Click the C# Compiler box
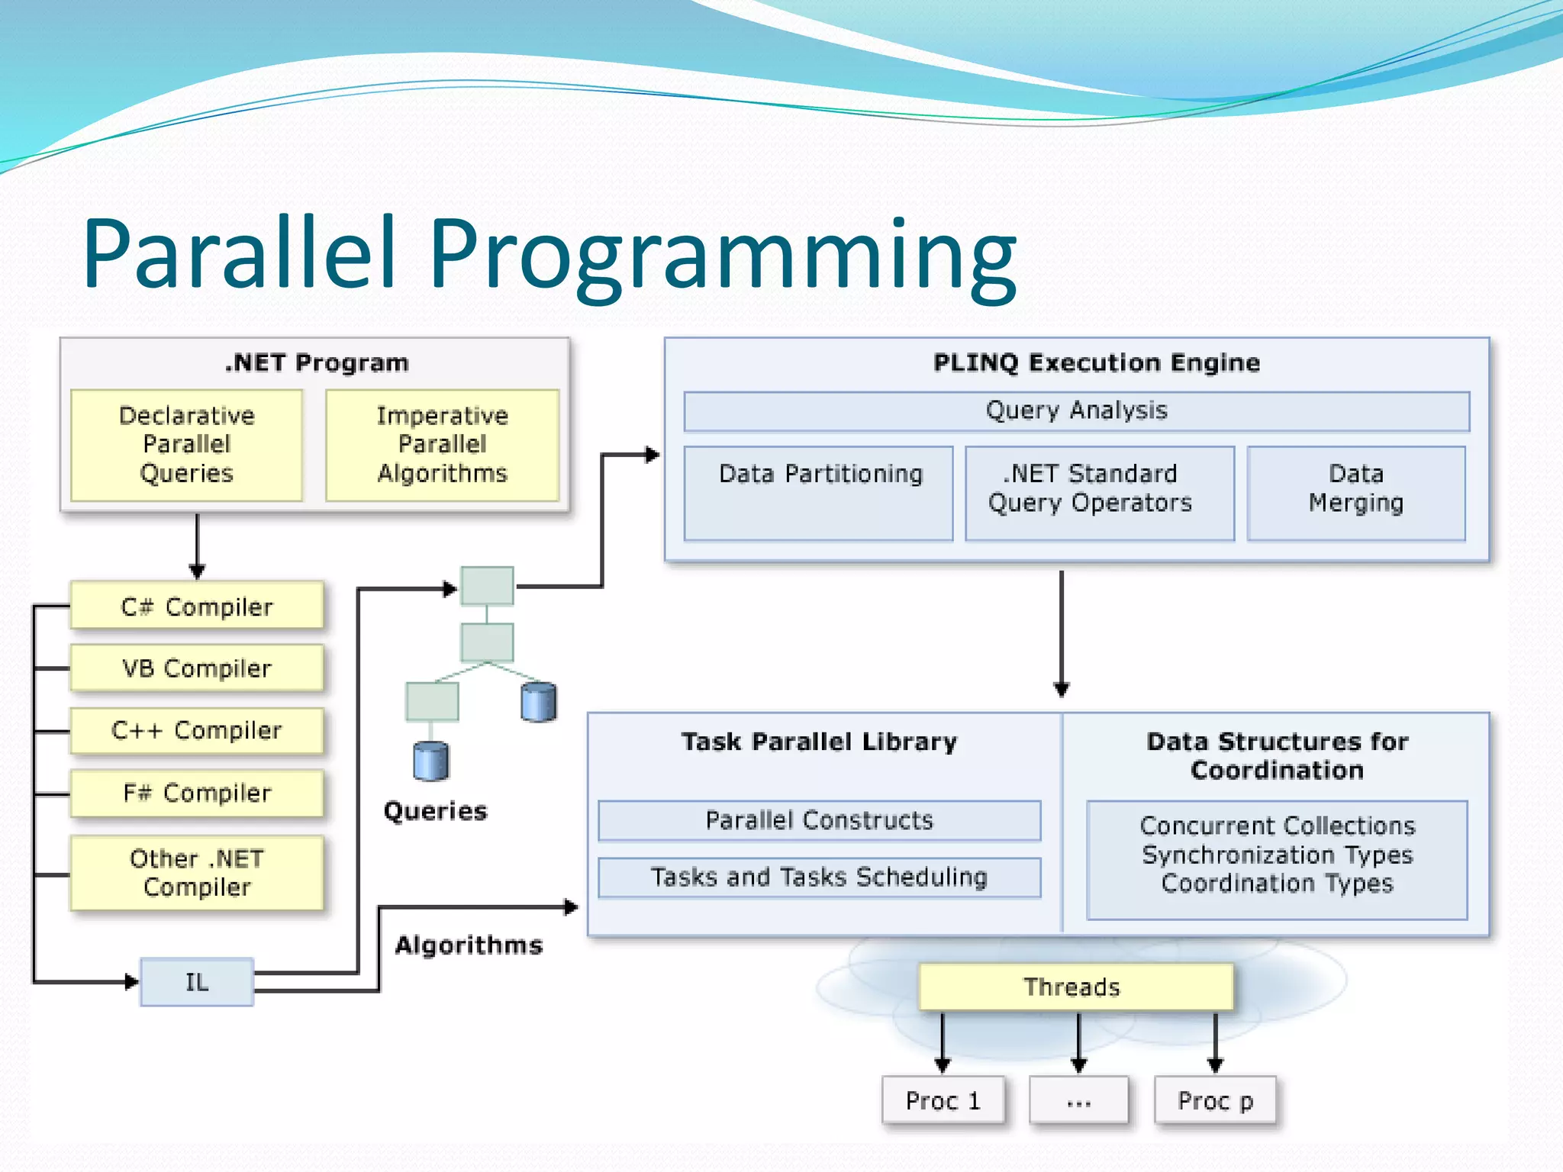click(x=197, y=606)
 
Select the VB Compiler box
click(x=197, y=668)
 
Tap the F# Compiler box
click(x=197, y=793)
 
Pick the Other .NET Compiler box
click(x=197, y=873)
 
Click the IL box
click(x=197, y=982)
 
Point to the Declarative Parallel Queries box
click(x=187, y=445)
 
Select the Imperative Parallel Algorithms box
click(x=443, y=445)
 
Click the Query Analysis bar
click(x=1076, y=411)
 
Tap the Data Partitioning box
click(x=819, y=493)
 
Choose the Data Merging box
click(x=1356, y=493)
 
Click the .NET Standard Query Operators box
click(x=1099, y=493)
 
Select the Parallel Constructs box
click(x=819, y=820)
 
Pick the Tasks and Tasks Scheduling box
click(x=819, y=877)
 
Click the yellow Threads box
click(x=1075, y=987)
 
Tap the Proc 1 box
click(x=943, y=1100)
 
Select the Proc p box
click(x=1215, y=1100)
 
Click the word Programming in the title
click(x=722, y=256)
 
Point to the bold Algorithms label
click(x=469, y=945)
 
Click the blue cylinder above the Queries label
click(x=431, y=761)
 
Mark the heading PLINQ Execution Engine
click(x=1096, y=362)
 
